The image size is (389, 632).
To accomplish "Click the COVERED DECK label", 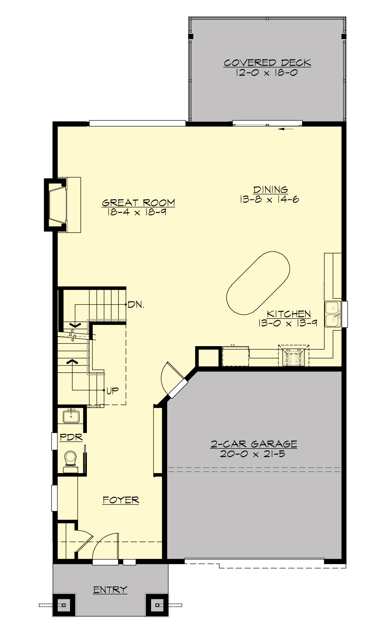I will pos(267,63).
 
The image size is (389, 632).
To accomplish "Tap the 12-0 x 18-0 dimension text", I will pos(267,72).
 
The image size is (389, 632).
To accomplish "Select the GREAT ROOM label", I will pos(138,203).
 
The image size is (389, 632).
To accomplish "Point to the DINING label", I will pos(271,189).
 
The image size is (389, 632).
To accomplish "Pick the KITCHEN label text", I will pos(289,314).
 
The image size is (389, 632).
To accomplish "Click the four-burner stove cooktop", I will pos(294,357).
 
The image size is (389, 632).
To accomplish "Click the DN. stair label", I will pos(136,305).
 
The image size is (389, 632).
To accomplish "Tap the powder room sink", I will pos(71,416).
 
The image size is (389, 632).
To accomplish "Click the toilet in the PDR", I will pos(70,458).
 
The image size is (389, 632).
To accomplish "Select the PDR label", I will pos(71,438).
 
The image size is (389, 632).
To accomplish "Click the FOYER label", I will pos(121,500).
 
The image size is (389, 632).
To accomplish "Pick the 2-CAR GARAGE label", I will pos(254,444).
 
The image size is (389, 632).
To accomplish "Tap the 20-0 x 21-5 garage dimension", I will pos(253,453).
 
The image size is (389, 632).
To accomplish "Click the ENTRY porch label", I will pos(110,590).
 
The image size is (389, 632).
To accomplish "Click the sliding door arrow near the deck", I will pos(286,129).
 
